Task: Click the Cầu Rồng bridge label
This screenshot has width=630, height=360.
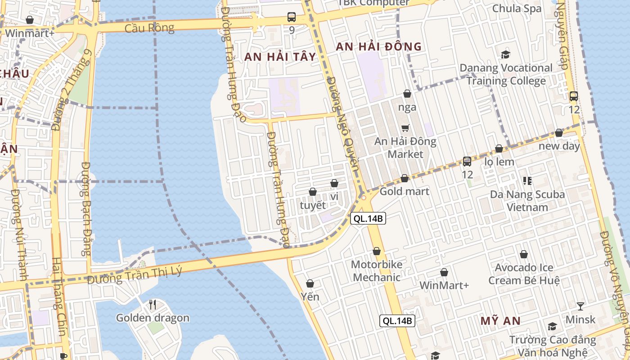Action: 149,28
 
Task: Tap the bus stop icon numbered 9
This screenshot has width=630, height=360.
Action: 292,18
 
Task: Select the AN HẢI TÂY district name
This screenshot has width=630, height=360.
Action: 280,57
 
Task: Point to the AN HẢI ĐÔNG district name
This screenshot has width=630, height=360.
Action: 379,46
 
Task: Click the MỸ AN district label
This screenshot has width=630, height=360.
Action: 500,321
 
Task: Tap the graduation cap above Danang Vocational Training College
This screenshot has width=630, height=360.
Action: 506,55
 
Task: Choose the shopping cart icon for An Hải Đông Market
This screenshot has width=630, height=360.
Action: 405,128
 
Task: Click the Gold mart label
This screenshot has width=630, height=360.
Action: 405,191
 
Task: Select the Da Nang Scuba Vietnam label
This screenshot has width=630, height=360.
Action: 527,201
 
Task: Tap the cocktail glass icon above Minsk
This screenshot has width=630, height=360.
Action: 580,306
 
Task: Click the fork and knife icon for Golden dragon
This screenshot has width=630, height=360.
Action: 153,305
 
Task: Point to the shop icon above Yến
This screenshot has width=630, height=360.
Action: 310,283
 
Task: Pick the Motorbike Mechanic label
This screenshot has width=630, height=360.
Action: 376,271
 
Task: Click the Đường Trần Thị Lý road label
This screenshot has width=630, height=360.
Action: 135,274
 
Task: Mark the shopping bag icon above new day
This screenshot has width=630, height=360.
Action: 559,133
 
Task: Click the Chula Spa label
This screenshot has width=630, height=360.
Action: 517,9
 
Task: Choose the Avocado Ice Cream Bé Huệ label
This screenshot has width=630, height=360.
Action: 524,274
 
